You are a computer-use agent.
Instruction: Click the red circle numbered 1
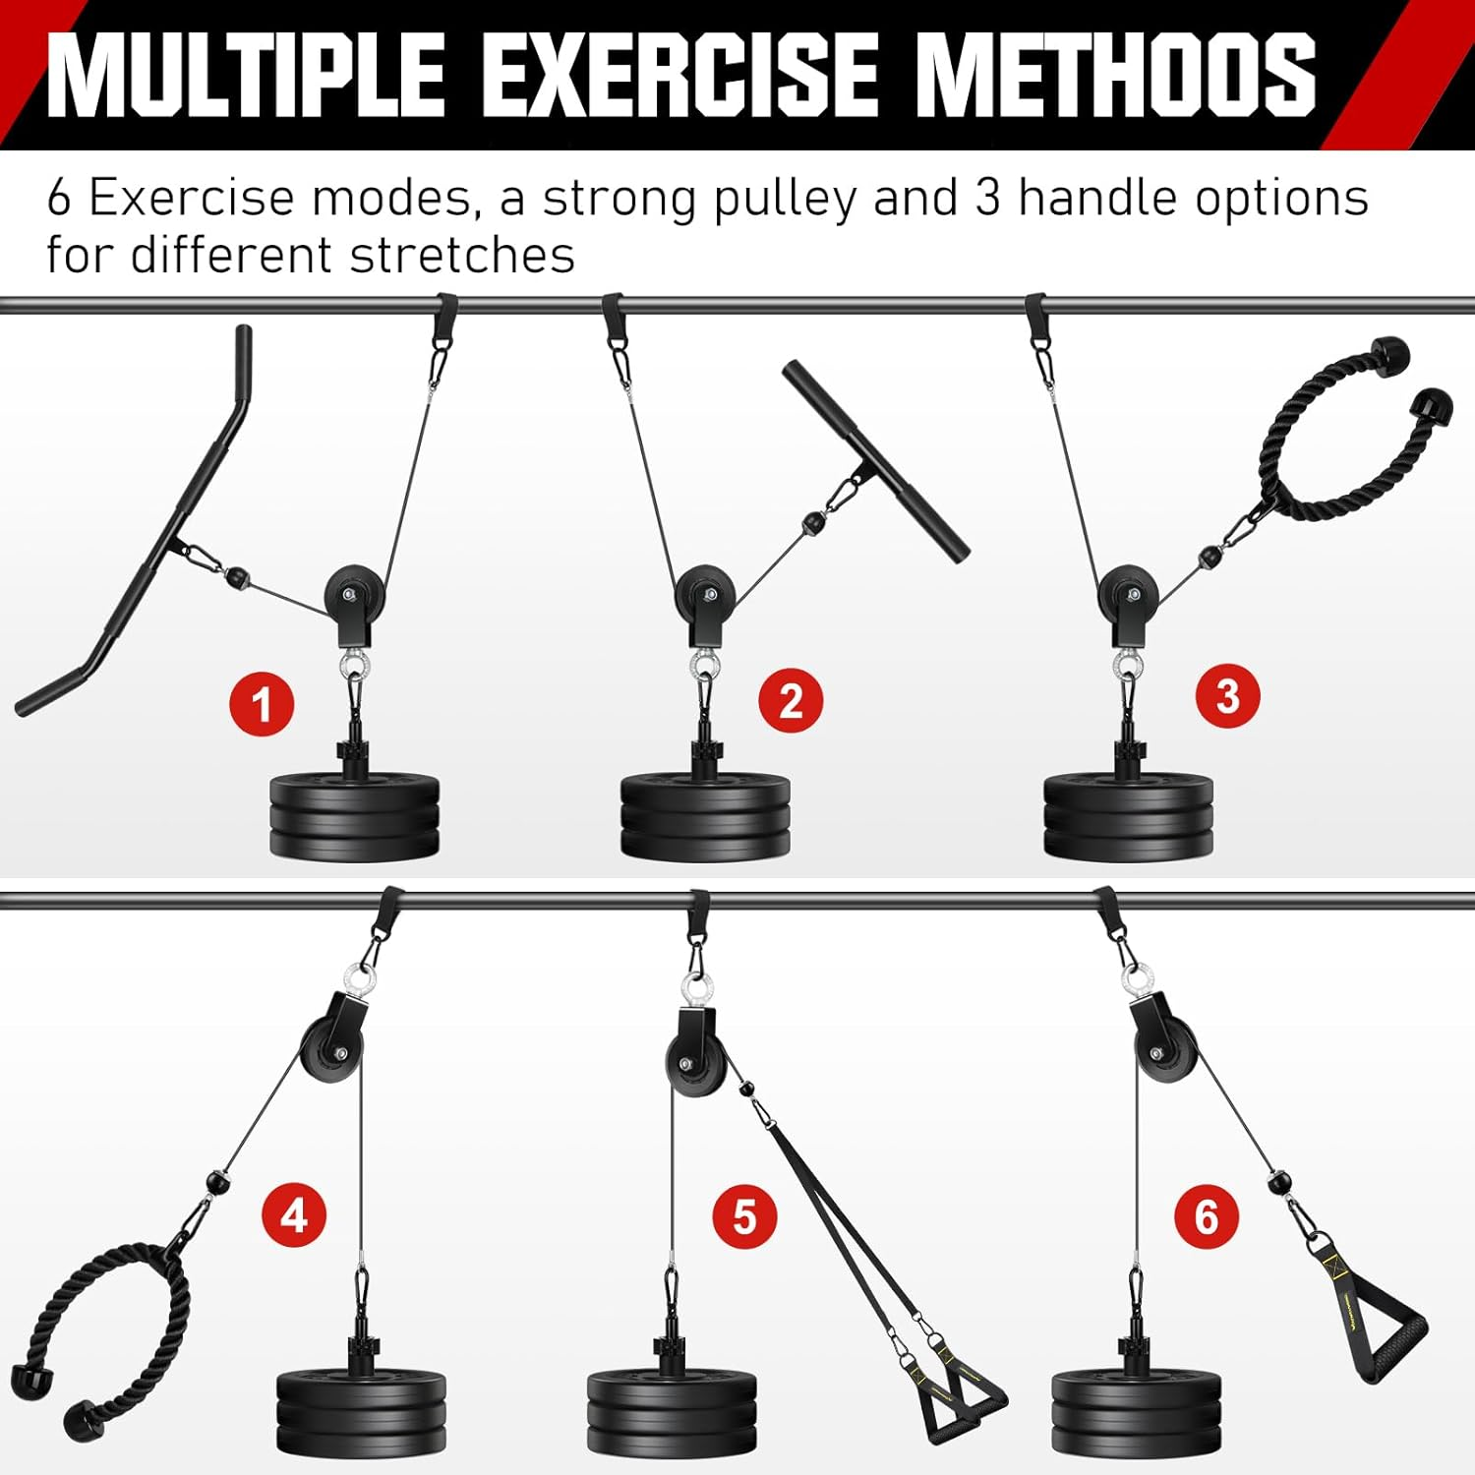tap(262, 704)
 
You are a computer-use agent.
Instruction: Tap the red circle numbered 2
tap(791, 700)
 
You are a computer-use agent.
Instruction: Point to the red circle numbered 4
tap(294, 1215)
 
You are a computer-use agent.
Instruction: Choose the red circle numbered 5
tap(744, 1217)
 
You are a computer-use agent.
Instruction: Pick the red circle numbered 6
tap(1207, 1216)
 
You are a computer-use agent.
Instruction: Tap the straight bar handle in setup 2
tap(875, 462)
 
